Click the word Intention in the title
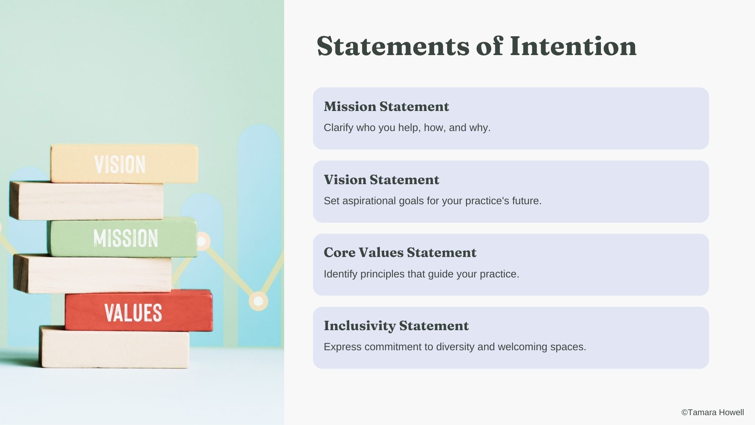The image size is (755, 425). (573, 46)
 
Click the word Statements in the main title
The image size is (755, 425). (393, 46)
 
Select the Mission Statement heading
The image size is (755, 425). (386, 107)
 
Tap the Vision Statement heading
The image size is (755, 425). (381, 180)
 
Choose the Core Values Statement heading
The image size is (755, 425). (400, 253)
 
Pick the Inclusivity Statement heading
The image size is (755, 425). (396, 326)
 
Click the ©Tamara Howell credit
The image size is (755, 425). (713, 412)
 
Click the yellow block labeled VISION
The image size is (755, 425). (124, 163)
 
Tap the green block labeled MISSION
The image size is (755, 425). (123, 237)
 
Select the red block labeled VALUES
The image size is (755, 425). (139, 311)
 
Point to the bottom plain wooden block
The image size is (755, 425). (114, 347)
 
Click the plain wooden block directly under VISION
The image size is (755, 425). (87, 201)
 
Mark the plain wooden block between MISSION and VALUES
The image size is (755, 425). (92, 274)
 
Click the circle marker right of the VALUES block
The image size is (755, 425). (258, 301)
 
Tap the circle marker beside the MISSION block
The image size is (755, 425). (202, 241)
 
